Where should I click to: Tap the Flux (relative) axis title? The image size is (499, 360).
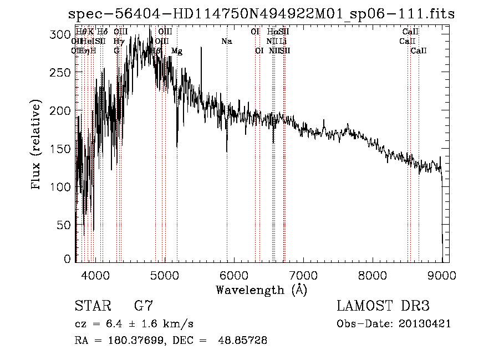(x=37, y=145)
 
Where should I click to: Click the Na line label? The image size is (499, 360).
(x=226, y=42)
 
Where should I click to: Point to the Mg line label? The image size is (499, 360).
(x=177, y=51)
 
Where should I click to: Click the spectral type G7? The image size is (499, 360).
(x=144, y=306)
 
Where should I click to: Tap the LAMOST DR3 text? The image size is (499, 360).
(x=383, y=306)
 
